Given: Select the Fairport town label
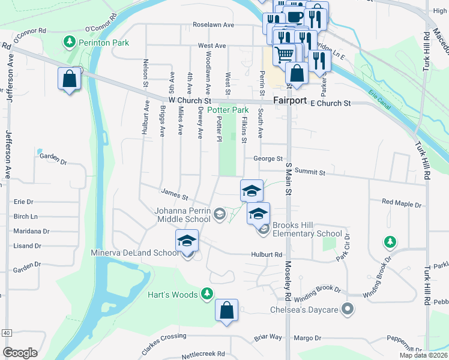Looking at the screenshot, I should tap(290, 100).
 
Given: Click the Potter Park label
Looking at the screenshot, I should tap(228, 110).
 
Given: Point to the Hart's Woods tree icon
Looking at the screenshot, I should tap(207, 293).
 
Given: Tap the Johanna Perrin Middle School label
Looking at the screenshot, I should tap(182, 215).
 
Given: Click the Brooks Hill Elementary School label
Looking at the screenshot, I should tap(307, 229).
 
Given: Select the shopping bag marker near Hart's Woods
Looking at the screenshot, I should tap(226, 310).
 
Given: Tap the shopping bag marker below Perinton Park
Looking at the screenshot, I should tap(70, 79).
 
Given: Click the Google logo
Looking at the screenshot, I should tap(20, 352).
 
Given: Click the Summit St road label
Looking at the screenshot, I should tap(310, 172).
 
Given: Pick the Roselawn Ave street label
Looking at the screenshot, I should tap(213, 25).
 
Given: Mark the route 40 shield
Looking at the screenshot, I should tap(7, 332).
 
